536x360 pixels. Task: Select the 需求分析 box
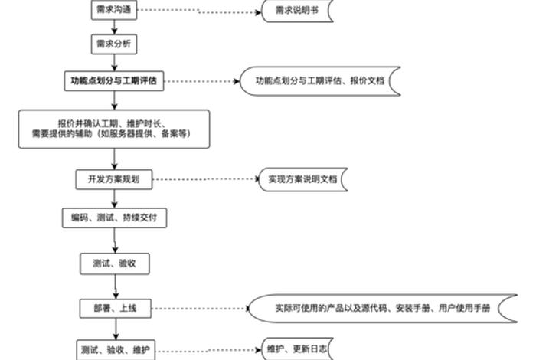pos(114,44)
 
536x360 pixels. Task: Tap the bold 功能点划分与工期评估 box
pos(113,80)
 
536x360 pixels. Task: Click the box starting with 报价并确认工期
pos(114,129)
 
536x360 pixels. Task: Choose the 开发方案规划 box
pos(114,180)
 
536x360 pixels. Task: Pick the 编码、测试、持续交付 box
pos(114,218)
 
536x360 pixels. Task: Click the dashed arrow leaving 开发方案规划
pos(203,180)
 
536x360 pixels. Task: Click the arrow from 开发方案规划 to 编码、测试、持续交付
pos(114,199)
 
